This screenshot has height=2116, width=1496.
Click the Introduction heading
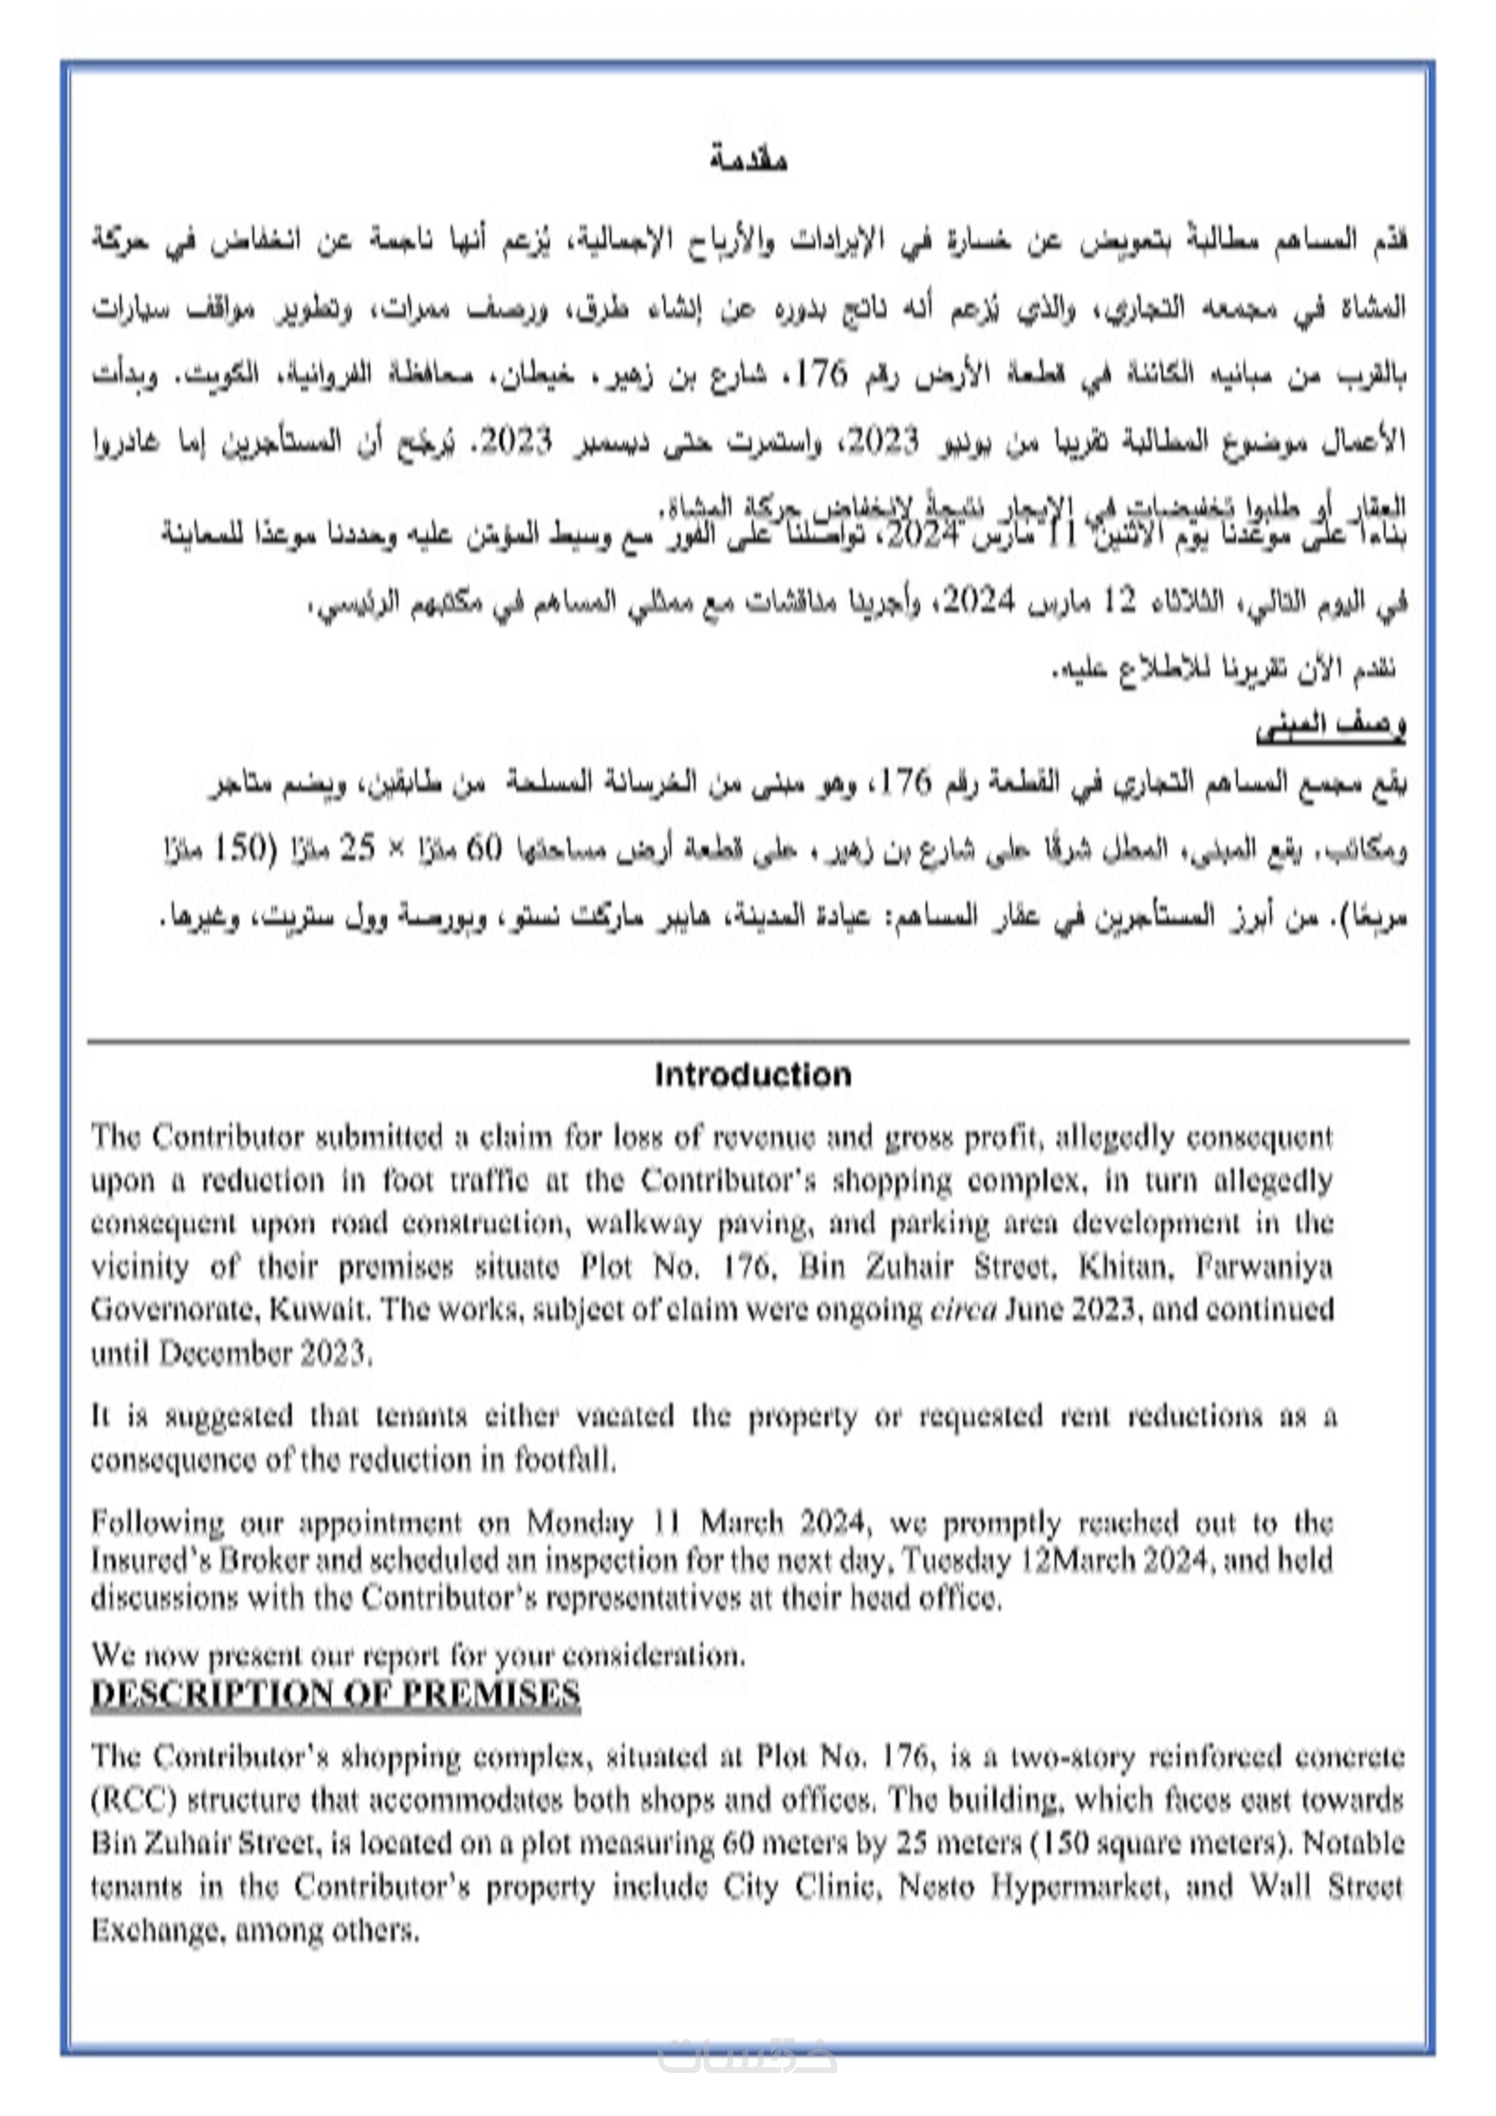[753, 1075]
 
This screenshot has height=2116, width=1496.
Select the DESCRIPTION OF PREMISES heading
[335, 1694]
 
